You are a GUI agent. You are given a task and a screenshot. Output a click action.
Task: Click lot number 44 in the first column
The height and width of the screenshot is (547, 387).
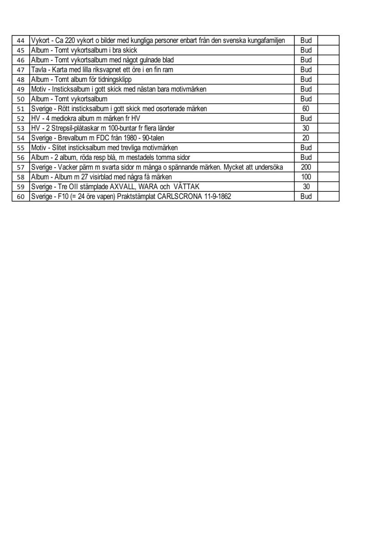click(20, 41)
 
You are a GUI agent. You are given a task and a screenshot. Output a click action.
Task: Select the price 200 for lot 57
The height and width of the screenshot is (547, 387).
click(306, 167)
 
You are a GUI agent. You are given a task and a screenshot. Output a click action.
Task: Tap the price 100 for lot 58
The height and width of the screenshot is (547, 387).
click(306, 177)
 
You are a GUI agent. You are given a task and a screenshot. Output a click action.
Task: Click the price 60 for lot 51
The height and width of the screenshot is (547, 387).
click(306, 109)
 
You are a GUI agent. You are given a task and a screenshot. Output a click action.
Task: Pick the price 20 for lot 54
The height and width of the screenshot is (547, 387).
click(306, 138)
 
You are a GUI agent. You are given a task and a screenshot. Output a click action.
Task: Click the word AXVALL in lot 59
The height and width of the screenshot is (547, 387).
click(124, 187)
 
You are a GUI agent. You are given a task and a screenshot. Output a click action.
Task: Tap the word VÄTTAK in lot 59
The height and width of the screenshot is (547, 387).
click(187, 187)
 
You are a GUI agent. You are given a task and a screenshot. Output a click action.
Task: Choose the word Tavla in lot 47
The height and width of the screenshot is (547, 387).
click(38, 70)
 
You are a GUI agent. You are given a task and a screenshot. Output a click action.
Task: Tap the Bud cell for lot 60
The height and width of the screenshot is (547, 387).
click(306, 196)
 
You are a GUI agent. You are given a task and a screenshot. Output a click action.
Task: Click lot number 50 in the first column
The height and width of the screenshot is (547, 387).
click(20, 99)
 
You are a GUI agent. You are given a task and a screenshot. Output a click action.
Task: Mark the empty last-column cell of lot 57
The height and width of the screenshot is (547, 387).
click(328, 167)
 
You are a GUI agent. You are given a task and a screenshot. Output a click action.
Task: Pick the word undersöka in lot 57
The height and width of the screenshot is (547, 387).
click(269, 167)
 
